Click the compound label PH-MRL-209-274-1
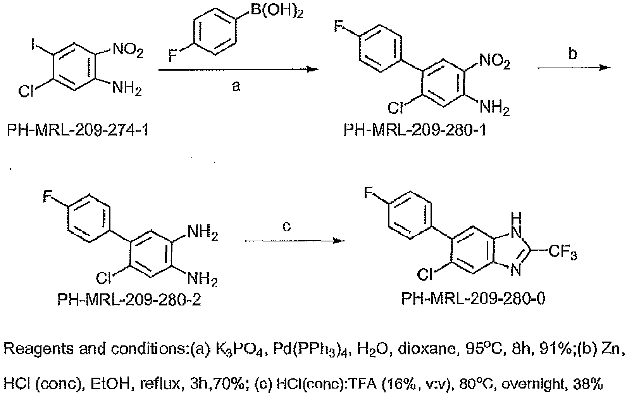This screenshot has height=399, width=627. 78,130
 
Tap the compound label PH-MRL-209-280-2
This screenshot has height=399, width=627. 129,300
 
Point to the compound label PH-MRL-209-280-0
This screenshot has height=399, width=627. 473,298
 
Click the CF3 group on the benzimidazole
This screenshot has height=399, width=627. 563,252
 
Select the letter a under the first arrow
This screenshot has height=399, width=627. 236,86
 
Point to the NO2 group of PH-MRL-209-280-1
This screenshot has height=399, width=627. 494,62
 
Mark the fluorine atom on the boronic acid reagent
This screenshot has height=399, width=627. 173,56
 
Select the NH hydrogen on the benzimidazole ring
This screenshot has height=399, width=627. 516,217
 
